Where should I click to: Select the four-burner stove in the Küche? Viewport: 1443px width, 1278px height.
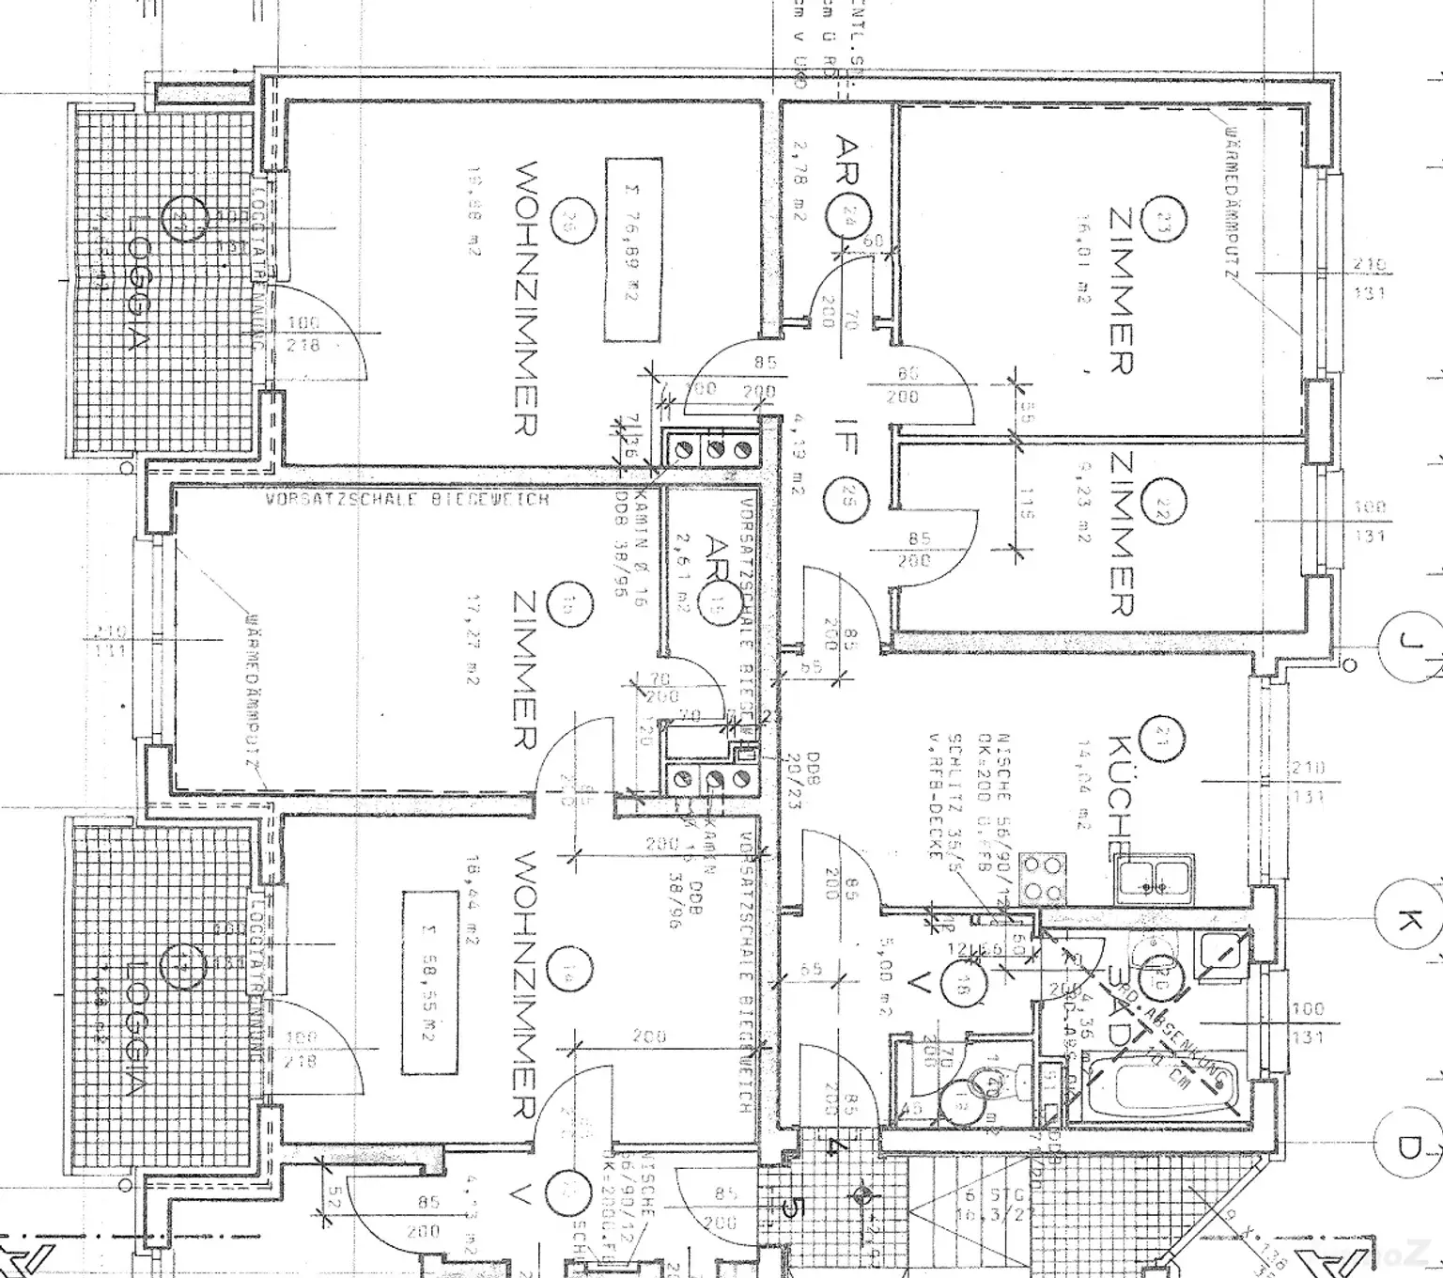1044,878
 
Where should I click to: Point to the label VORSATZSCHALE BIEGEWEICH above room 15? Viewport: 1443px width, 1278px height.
407,500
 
